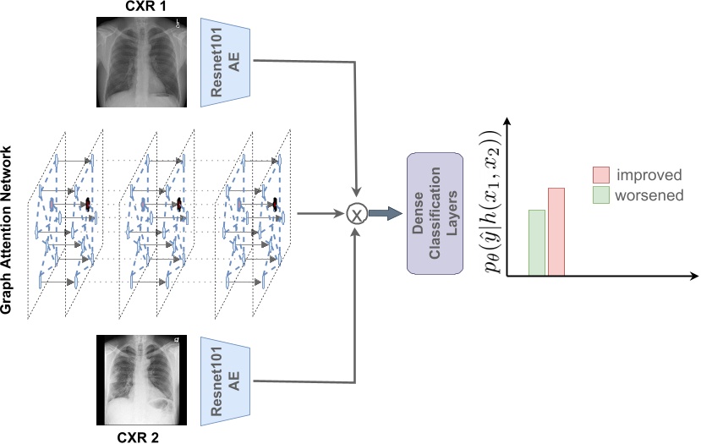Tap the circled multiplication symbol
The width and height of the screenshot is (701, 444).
point(359,215)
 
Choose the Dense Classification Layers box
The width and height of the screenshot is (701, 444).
point(435,213)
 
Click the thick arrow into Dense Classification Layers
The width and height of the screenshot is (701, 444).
point(385,215)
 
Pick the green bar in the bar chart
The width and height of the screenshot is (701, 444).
point(537,242)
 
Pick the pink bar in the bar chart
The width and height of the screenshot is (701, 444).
point(556,231)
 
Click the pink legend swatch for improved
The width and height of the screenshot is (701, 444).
point(600,175)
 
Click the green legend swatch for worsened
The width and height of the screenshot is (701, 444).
point(600,195)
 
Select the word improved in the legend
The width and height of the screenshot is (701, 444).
point(649,175)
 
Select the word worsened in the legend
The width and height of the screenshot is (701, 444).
point(649,195)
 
